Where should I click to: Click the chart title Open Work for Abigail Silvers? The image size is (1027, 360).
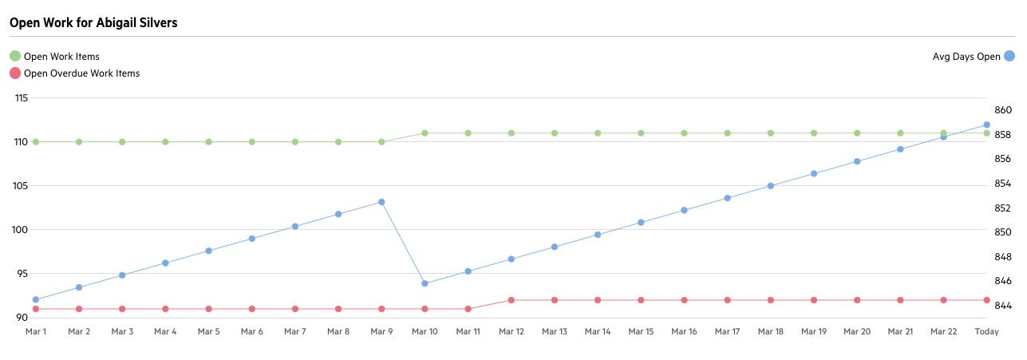[93, 22]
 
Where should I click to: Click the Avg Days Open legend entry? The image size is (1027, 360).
[966, 57]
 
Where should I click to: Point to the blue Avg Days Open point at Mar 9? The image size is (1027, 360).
[381, 202]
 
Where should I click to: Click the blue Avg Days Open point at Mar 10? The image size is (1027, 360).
[425, 283]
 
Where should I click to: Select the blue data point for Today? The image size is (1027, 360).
[986, 125]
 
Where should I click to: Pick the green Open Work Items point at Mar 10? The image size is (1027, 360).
[425, 133]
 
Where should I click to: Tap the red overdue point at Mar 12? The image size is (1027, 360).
[511, 300]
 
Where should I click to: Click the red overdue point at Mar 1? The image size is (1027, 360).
[36, 309]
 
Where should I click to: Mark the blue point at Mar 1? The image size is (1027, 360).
[36, 300]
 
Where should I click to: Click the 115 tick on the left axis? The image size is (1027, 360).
[21, 98]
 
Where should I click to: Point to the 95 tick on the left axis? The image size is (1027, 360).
[21, 274]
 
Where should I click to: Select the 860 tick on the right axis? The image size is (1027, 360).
[1002, 110]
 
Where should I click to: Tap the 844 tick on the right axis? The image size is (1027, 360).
[1002, 306]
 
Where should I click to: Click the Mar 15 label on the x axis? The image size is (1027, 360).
[641, 331]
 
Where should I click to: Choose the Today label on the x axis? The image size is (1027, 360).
[986, 331]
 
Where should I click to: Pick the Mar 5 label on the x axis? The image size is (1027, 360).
[208, 331]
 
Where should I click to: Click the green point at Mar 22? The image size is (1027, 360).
[943, 133]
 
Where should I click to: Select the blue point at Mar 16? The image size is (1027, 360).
[684, 210]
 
